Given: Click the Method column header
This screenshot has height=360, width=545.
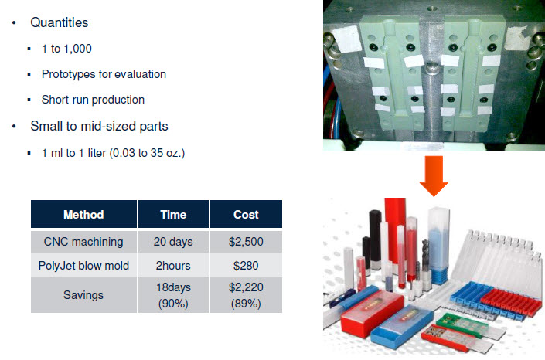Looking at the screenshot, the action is tap(83, 215).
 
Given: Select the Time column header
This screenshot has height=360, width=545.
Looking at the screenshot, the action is tap(173, 215).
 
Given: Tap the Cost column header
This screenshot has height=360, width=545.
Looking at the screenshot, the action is tap(246, 215).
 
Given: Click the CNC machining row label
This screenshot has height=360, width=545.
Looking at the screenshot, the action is tap(83, 242).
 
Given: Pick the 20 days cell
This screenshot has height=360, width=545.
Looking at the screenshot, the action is tap(173, 242).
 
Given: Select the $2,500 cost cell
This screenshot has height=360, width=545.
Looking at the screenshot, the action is tap(246, 242).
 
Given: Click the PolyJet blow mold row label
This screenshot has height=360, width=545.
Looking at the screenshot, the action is tap(83, 266).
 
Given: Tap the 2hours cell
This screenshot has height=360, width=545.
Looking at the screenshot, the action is tap(173, 266).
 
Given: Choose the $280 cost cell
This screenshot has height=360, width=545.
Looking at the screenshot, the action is tap(246, 266).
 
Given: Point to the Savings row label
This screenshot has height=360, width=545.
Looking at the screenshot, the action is tap(83, 295).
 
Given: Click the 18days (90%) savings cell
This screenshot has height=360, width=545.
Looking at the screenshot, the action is tap(173, 295).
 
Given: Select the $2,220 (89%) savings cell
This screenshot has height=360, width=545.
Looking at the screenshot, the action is tap(246, 295).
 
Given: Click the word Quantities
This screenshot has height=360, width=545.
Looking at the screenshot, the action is tap(60, 22).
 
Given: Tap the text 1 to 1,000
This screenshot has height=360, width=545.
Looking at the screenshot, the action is tap(66, 49).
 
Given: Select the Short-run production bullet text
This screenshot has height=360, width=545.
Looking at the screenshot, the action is tap(93, 100).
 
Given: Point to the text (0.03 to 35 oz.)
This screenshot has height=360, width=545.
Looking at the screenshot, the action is tap(147, 153).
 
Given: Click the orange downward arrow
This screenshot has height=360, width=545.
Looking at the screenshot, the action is tap(434, 176).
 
